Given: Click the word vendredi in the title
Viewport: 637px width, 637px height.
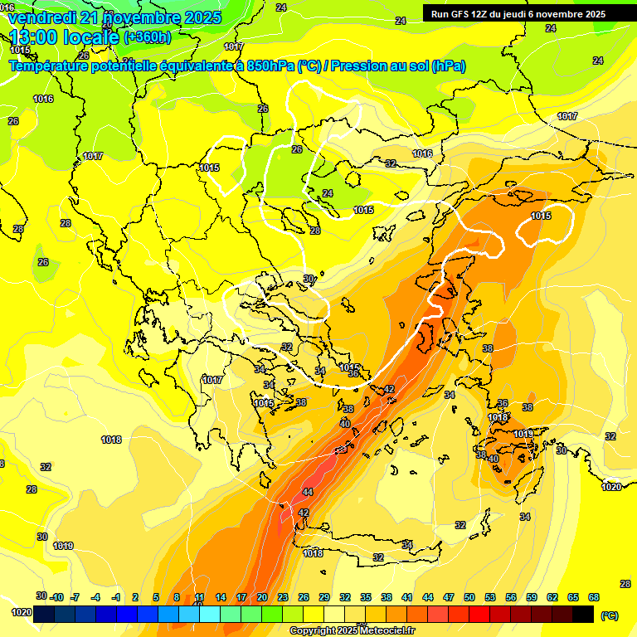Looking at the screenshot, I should pyautogui.click(x=41, y=17).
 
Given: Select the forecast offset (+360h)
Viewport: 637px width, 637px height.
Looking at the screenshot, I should pyautogui.click(x=148, y=37).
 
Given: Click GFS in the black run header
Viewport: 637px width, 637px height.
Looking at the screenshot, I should pyautogui.click(x=458, y=14).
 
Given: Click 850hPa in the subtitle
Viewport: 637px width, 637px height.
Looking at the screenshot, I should pyautogui.click(x=270, y=66).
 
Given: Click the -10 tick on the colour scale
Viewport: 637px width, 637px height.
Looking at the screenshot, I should pyautogui.click(x=56, y=597).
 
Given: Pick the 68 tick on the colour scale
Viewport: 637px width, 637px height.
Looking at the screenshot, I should pyautogui.click(x=594, y=597).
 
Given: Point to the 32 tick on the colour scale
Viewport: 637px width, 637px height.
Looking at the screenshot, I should pyautogui.click(x=345, y=597).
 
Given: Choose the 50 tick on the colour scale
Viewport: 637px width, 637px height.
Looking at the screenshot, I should pyautogui.click(x=469, y=597).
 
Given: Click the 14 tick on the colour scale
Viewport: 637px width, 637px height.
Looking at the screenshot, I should pyautogui.click(x=221, y=597).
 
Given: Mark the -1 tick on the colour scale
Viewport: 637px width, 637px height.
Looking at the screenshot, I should pyautogui.click(x=117, y=597).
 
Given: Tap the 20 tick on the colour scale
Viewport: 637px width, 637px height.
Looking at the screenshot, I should pyautogui.click(x=262, y=597).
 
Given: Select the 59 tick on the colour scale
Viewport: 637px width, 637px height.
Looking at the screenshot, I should pyautogui.click(x=532, y=597).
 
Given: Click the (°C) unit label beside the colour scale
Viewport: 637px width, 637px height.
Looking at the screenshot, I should pyautogui.click(x=610, y=615).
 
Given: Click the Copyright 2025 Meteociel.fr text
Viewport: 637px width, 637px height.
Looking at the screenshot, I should pyautogui.click(x=352, y=631).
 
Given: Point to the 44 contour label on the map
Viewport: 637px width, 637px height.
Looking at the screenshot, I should pyautogui.click(x=308, y=492).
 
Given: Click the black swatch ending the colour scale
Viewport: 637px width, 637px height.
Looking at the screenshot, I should pyautogui.click(x=583, y=614).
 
